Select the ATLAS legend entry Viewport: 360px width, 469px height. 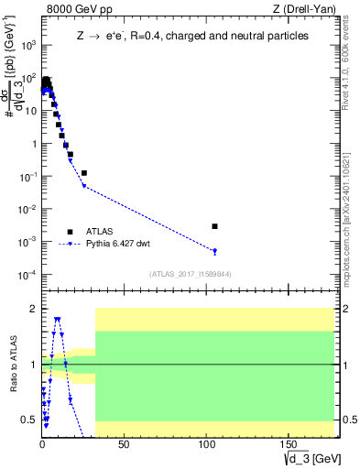point(97,232)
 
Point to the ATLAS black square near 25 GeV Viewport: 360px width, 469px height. point(83,172)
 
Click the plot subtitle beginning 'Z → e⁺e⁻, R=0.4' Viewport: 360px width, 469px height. point(192,37)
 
